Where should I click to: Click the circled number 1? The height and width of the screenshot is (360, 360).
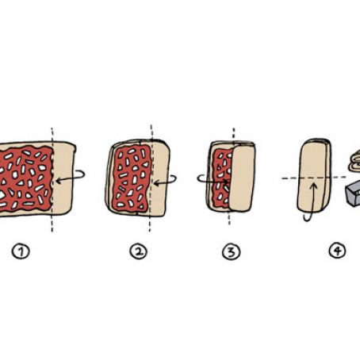(x=21, y=251)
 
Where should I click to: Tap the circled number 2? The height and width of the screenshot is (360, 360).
(x=138, y=251)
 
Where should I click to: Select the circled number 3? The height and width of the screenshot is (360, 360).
(x=231, y=251)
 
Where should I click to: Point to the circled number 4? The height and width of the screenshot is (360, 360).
(x=338, y=251)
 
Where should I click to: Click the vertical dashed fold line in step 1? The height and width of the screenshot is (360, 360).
(x=52, y=180)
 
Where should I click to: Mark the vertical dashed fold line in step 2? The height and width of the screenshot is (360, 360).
(x=151, y=178)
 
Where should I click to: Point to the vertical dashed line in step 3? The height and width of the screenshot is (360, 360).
(x=232, y=177)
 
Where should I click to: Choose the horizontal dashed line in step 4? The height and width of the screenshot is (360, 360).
(x=314, y=178)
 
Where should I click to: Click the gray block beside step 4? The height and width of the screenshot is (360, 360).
(x=353, y=193)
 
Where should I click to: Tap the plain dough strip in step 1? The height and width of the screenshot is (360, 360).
(x=63, y=178)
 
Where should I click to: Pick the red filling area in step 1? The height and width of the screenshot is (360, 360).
(x=25, y=179)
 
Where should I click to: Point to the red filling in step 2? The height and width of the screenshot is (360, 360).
(x=132, y=178)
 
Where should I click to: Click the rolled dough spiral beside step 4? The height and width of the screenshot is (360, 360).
(x=355, y=161)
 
